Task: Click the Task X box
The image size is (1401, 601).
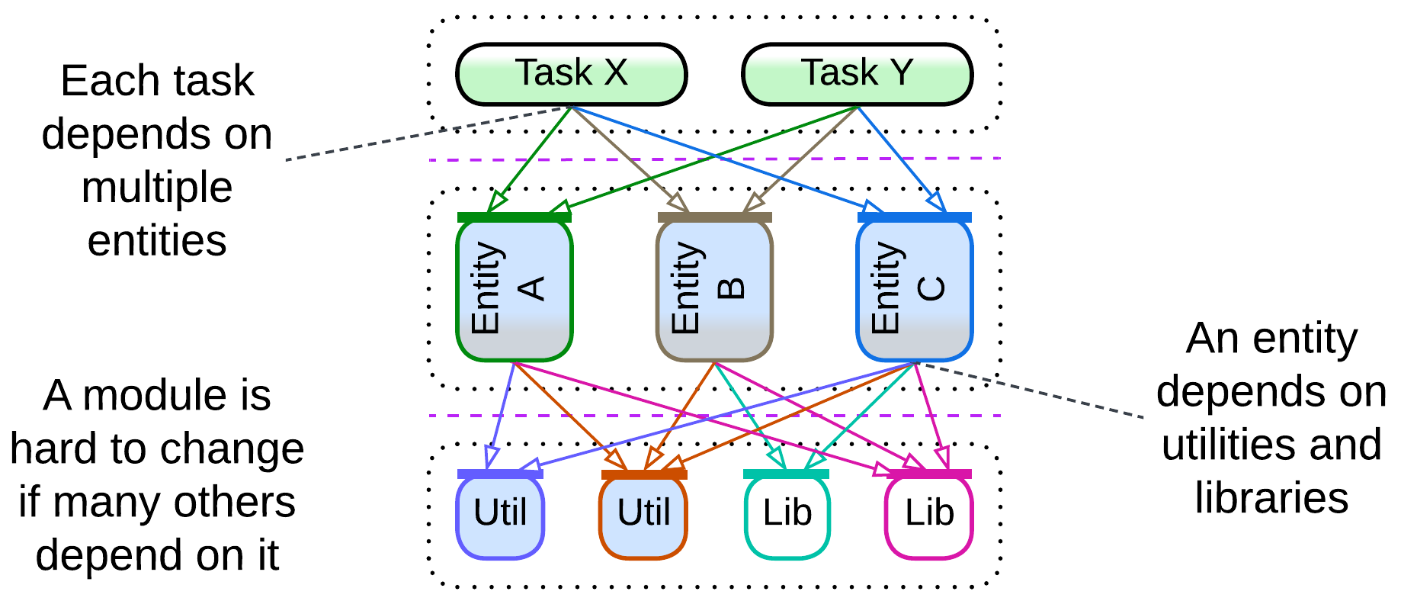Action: click(x=571, y=74)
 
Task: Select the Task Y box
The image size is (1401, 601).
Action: click(x=857, y=74)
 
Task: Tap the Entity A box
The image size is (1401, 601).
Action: click(x=514, y=290)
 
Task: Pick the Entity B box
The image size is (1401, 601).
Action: click(x=714, y=290)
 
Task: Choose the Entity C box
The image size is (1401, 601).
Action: click(x=914, y=290)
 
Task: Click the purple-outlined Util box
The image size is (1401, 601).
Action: click(x=500, y=516)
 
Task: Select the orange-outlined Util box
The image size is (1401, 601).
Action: click(x=643, y=516)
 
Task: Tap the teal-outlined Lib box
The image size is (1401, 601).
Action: click(x=787, y=516)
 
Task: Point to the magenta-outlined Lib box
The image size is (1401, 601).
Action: click(x=928, y=516)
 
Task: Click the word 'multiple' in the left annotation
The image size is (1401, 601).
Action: click(x=157, y=188)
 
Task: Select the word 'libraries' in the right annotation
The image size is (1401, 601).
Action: click(x=1271, y=498)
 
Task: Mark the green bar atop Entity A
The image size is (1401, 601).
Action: click(x=514, y=217)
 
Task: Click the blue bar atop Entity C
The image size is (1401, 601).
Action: click(x=914, y=217)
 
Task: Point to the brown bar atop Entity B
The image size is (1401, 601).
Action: click(x=714, y=217)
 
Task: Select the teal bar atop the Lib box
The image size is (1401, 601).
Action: click(x=786, y=474)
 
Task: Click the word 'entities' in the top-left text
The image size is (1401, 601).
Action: click(x=157, y=241)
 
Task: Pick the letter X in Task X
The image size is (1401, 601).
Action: click(x=616, y=73)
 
